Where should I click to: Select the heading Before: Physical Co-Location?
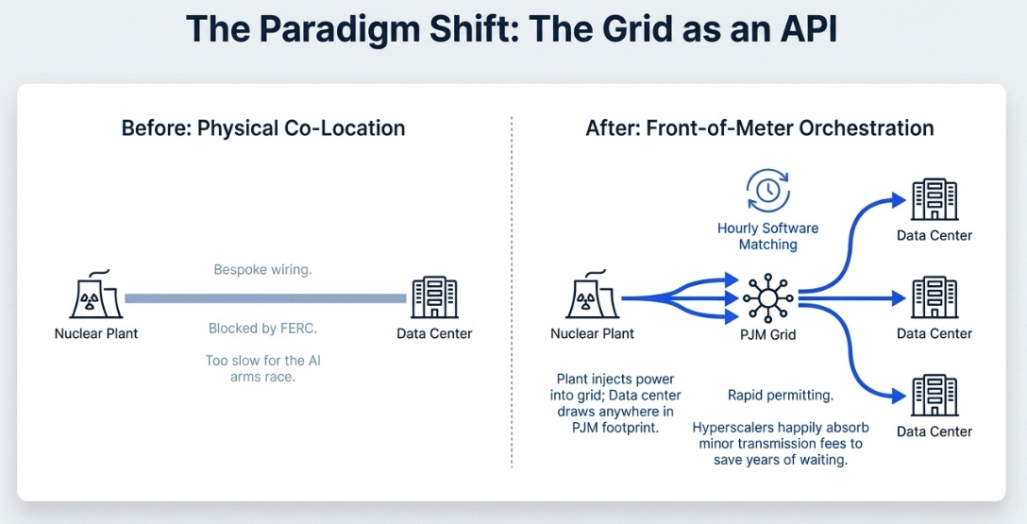[x=263, y=128]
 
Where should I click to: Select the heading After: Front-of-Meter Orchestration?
[x=760, y=128]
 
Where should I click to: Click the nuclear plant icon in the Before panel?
[x=95, y=296]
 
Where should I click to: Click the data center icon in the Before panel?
[x=434, y=296]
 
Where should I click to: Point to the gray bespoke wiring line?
[x=265, y=298]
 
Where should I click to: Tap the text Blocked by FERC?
[x=262, y=329]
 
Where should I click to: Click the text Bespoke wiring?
[x=262, y=270]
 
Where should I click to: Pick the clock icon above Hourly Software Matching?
[x=767, y=191]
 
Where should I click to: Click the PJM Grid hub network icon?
[x=767, y=297]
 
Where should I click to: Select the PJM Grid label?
[x=767, y=333]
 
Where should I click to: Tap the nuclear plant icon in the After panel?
[x=592, y=296]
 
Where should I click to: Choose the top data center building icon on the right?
[x=934, y=199]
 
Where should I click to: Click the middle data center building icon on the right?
[x=934, y=297]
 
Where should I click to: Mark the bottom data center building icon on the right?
[x=934, y=397]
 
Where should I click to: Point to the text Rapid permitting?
[x=781, y=395]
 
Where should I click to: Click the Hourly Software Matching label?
[x=767, y=236]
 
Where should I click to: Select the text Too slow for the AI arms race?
[x=262, y=368]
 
